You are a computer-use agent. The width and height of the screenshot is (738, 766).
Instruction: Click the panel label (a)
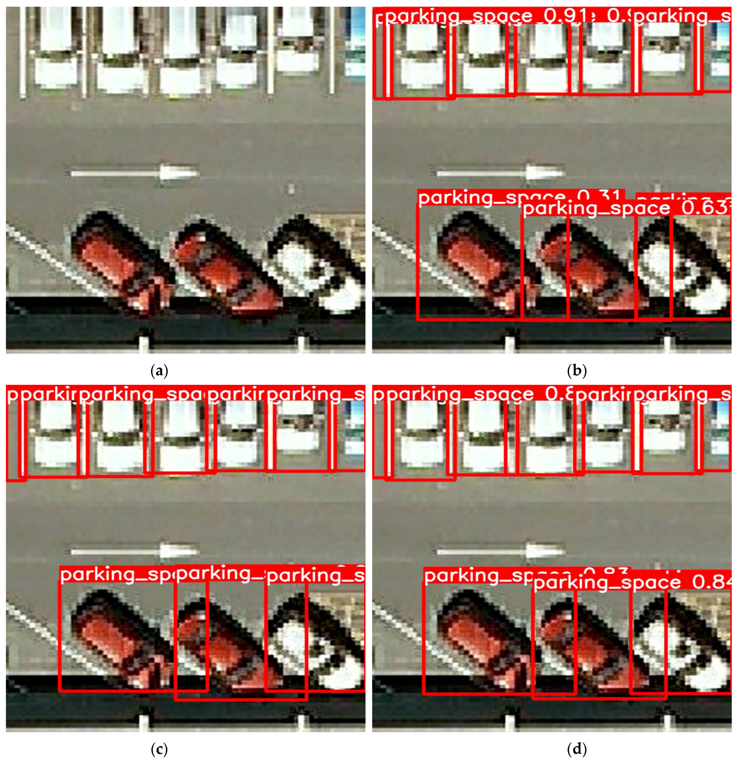[x=159, y=370]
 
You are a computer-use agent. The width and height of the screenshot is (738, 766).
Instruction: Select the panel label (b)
[x=576, y=370]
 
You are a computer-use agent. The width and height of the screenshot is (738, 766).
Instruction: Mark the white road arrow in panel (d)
[x=501, y=551]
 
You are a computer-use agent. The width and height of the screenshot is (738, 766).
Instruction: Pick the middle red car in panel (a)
[x=223, y=270]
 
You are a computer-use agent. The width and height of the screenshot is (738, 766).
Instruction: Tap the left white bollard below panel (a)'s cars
[x=144, y=341]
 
